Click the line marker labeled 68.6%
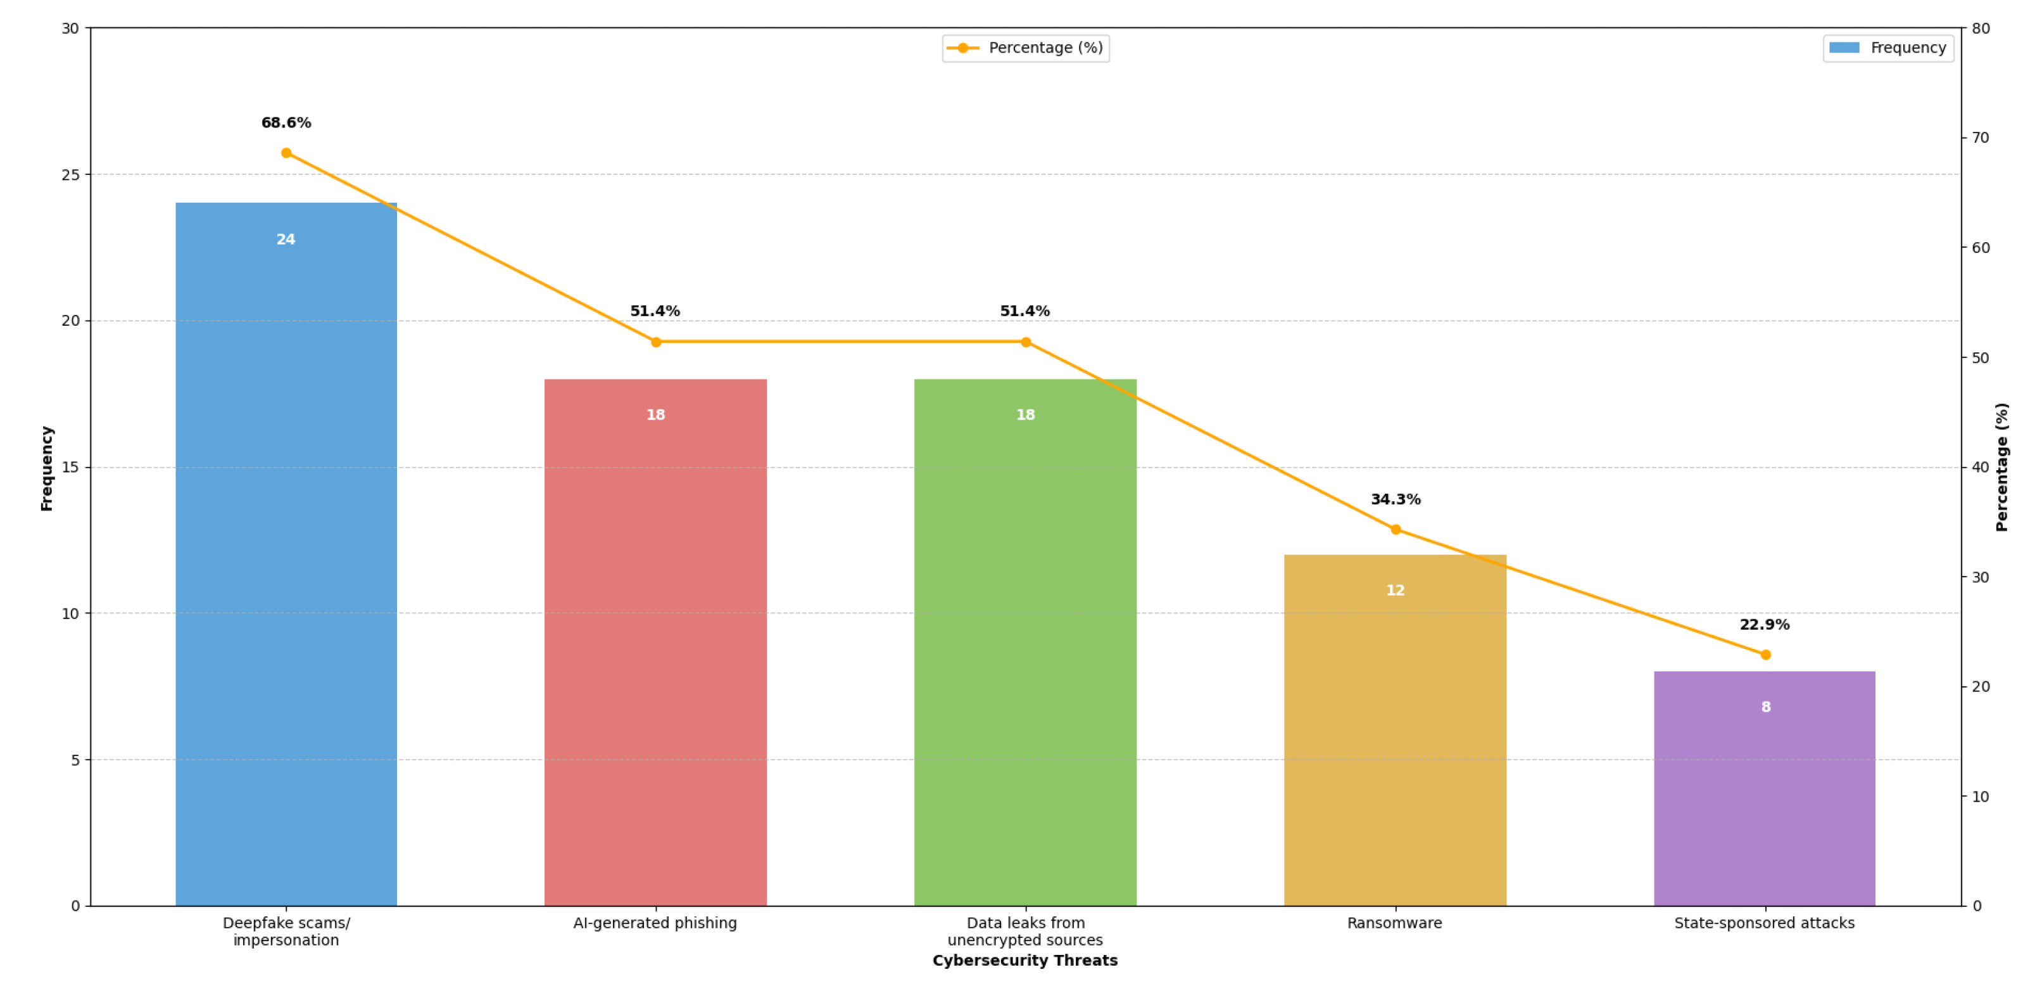286,153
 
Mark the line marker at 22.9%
1765,655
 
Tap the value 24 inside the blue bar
286,240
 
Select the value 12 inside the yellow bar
1395,591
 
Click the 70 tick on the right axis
1980,138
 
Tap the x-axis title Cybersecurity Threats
1025,961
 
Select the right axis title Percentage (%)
2002,467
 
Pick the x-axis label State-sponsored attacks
1765,923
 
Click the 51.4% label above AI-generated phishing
655,312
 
